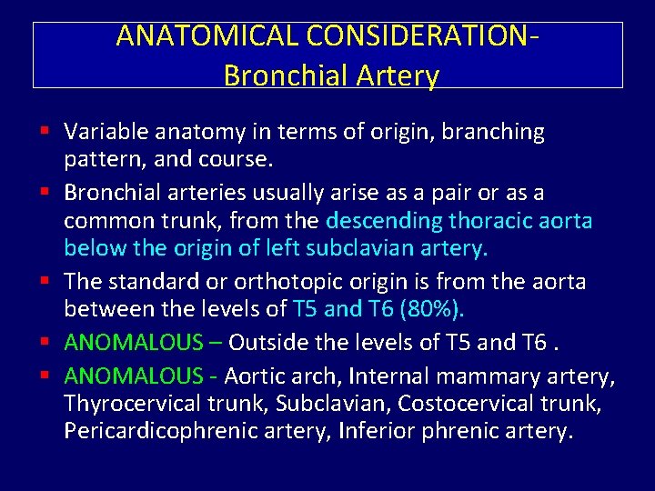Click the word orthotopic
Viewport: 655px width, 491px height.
(x=275, y=281)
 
